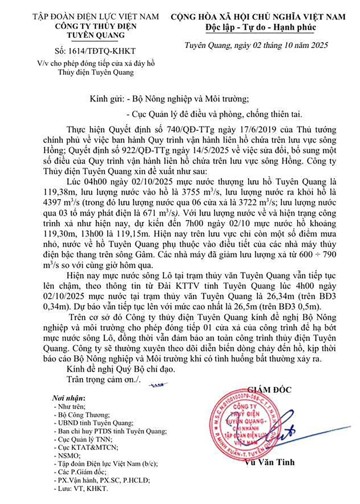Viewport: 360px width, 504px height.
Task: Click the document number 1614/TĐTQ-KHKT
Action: [x=95, y=51]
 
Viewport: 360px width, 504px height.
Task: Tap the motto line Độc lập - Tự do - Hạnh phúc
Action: [x=261, y=28]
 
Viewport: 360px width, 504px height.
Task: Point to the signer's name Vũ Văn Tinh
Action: [x=269, y=462]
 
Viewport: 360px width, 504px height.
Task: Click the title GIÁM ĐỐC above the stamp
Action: [x=269, y=390]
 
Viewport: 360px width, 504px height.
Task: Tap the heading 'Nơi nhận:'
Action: [x=69, y=398]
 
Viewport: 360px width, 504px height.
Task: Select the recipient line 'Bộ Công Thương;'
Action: [x=84, y=415]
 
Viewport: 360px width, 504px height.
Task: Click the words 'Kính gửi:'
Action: [x=106, y=99]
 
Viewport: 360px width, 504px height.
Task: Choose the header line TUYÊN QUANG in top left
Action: [x=96, y=35]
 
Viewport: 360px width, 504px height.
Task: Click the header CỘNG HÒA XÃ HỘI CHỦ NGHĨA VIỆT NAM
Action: [x=258, y=17]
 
